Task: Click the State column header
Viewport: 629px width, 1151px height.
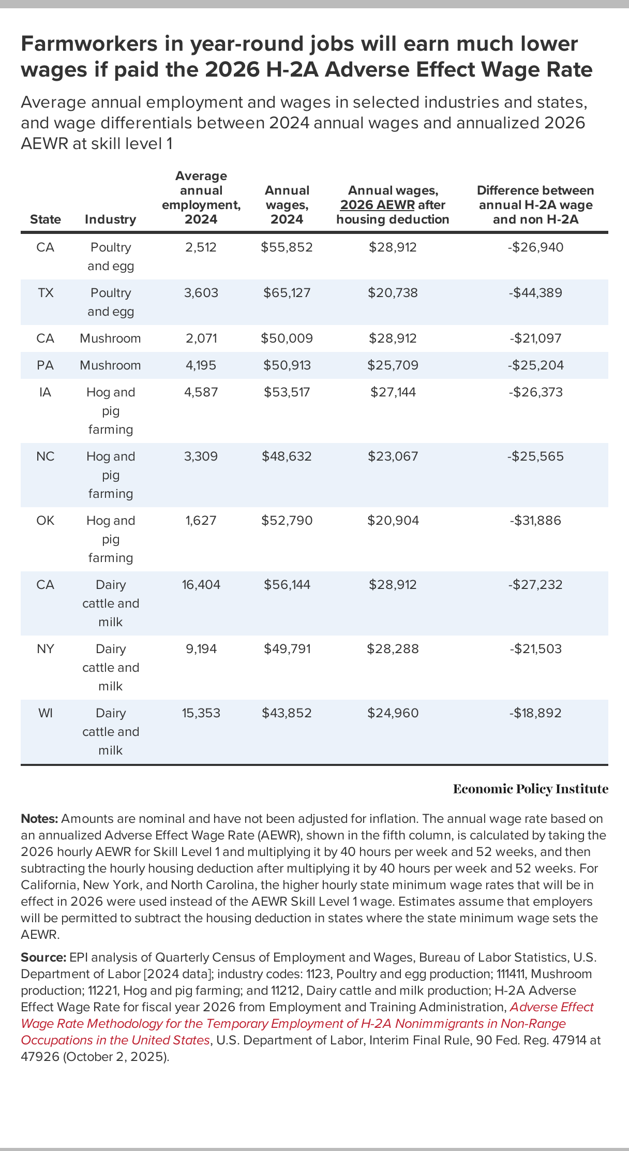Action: [x=46, y=219]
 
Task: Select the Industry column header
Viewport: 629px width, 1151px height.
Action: [x=110, y=219]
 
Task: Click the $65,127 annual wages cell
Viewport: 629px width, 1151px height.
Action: [x=287, y=293]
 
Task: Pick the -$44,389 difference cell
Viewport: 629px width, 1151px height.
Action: [x=535, y=293]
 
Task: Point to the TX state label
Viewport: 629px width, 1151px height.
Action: [x=46, y=293]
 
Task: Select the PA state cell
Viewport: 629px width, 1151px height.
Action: [x=46, y=365]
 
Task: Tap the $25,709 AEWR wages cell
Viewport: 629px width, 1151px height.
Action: [x=393, y=365]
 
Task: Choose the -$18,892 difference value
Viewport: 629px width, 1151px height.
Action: [x=535, y=713]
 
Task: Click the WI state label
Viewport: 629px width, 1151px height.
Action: [x=46, y=713]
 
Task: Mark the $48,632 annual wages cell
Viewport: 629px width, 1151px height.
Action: [x=287, y=456]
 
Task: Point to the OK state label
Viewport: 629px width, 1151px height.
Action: [x=46, y=521]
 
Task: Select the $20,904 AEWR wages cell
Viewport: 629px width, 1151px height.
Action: [x=393, y=521]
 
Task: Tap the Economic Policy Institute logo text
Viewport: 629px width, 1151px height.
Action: [x=530, y=789]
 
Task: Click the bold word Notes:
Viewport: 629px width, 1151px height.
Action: [x=40, y=819]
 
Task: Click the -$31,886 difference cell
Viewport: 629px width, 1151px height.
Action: [x=535, y=521]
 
